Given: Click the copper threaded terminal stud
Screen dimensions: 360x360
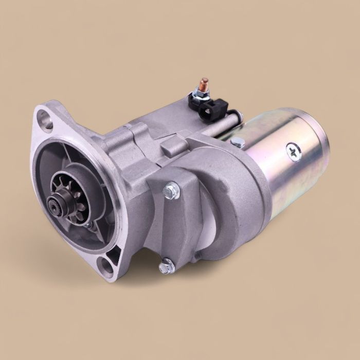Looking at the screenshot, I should coord(204,84).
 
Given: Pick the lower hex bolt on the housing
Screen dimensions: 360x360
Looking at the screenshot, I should coord(166,266).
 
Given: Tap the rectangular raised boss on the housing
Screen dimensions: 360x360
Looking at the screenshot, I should coord(174,146).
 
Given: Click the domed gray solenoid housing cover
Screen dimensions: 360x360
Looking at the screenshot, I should coord(226,201).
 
